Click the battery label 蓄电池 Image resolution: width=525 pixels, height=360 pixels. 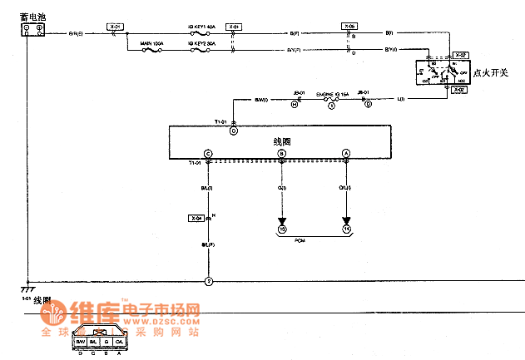pos(31,15)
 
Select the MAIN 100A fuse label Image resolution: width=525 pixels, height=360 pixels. pos(151,42)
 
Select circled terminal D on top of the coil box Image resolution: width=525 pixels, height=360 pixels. pos(234,131)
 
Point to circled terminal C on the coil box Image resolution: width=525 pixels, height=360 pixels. pos(208,154)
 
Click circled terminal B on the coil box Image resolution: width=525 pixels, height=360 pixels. pos(281,154)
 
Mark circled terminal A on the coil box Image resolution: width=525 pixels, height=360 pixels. pos(345,154)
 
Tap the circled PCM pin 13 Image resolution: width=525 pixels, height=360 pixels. pos(281,229)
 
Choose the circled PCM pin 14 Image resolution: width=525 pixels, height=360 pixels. pos(345,229)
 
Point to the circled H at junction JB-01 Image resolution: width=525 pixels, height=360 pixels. pos(294,105)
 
